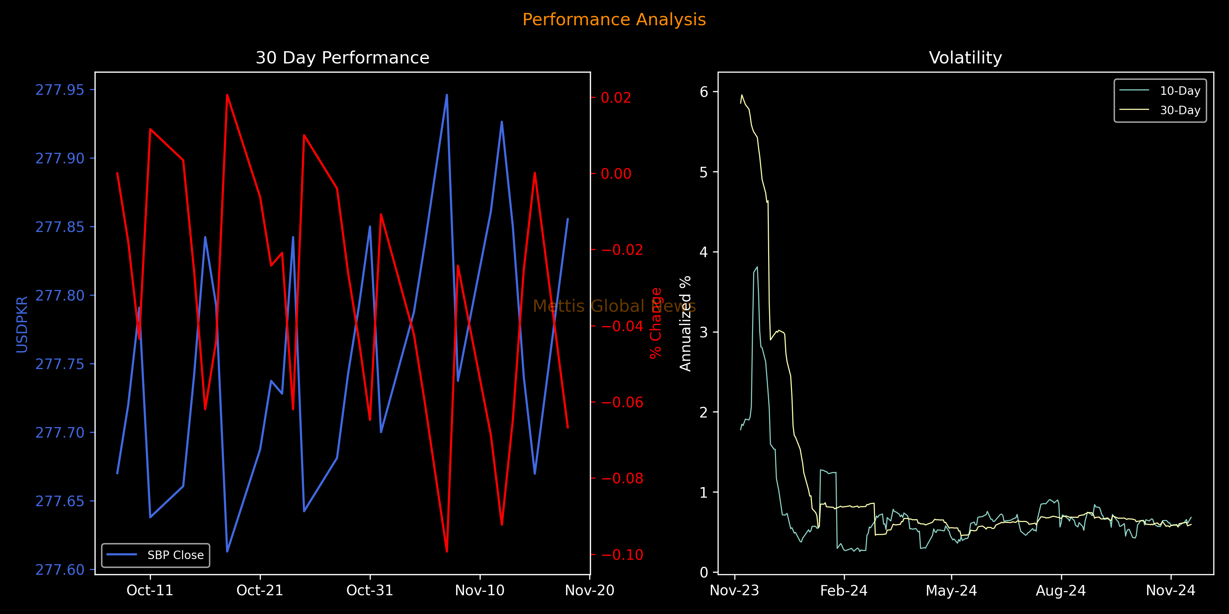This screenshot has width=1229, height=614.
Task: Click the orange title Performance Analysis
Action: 614,19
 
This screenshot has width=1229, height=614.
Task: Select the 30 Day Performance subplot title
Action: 342,58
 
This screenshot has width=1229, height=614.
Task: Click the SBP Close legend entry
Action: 156,555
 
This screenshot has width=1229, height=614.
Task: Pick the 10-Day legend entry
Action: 1160,91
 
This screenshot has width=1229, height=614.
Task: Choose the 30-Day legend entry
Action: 1160,110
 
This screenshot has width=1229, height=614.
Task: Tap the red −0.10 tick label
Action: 622,554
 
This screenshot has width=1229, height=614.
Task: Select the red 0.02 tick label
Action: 616,97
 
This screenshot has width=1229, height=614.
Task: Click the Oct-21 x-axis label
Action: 260,591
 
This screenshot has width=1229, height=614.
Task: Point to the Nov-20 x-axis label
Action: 590,591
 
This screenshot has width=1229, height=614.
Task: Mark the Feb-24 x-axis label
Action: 844,591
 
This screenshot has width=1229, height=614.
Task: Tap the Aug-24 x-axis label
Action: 1061,591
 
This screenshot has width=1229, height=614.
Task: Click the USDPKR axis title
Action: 22,325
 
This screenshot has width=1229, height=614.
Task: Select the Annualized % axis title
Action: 686,323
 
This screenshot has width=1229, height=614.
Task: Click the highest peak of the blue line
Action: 447,94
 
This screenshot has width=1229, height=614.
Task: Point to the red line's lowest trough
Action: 447,552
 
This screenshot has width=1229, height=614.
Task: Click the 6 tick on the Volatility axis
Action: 704,91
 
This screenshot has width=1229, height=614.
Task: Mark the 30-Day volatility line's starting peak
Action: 742,94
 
